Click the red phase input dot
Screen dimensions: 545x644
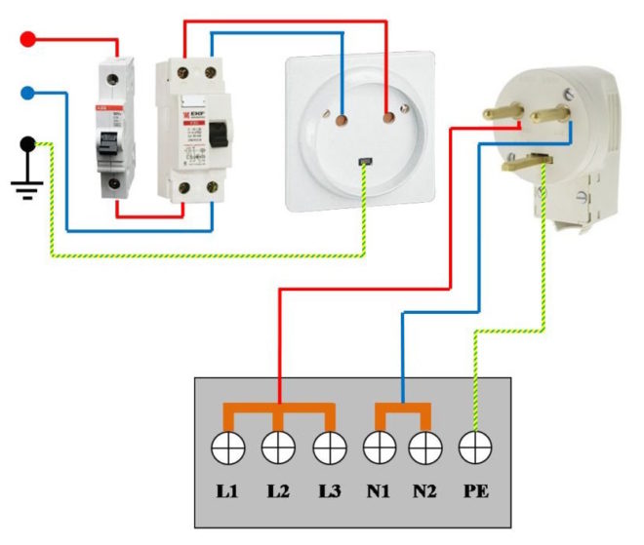[29, 40]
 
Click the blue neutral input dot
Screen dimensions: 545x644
[29, 94]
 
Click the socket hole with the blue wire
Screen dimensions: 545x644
[342, 121]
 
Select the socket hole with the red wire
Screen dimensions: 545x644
[389, 121]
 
